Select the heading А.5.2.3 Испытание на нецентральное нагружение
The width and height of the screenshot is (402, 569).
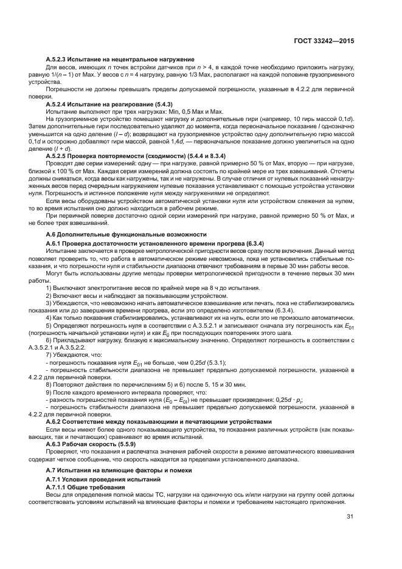[120, 58]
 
